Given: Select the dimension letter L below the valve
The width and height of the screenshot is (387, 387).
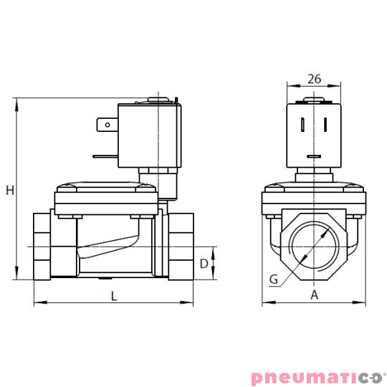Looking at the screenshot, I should [114, 295].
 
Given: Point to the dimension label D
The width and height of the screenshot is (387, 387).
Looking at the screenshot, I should [204, 264].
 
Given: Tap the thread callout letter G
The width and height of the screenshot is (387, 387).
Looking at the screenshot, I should [274, 279].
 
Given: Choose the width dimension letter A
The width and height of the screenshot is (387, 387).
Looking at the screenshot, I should [314, 295].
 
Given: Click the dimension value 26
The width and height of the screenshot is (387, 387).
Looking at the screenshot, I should [314, 79].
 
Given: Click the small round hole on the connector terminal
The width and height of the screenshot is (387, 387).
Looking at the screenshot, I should [108, 125].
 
